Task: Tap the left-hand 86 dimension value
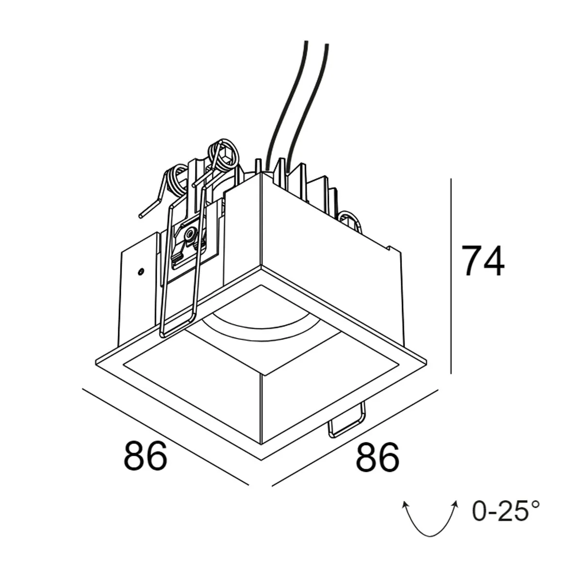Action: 145,456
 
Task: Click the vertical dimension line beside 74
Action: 451,276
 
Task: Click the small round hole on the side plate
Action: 140,272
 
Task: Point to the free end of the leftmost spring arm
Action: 141,215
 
